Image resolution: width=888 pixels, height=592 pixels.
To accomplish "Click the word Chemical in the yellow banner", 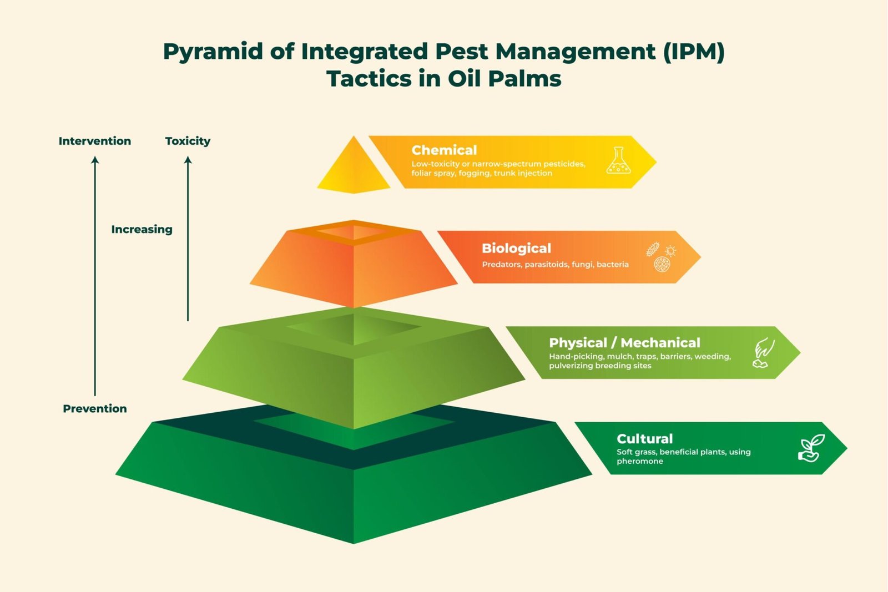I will point(444,150).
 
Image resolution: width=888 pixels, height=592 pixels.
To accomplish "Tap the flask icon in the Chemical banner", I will point(618,161).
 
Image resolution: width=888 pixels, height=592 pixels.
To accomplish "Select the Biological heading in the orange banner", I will point(516,248).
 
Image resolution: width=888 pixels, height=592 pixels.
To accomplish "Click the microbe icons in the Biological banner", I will point(661,257).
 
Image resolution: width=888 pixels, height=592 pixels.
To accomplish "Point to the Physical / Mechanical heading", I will point(624,342).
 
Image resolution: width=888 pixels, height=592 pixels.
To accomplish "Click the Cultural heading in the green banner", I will point(644,438).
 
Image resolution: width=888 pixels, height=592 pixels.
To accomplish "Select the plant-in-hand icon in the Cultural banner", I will point(811,448).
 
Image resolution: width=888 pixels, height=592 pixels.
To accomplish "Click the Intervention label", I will point(95,141).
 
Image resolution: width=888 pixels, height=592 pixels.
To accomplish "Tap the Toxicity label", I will point(188,141).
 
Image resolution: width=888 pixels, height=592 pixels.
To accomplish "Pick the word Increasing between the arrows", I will point(142,229).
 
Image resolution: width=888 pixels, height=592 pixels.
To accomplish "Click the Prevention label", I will point(95,408).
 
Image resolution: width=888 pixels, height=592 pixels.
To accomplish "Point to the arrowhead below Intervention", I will point(95,160).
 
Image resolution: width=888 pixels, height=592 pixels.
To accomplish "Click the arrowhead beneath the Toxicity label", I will point(188,160).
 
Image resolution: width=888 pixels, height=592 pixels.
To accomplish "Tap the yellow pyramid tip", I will point(354,169).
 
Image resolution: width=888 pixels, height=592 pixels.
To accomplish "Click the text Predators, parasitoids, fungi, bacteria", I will point(555,264).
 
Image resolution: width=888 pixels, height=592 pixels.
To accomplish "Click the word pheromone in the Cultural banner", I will point(639,461).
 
